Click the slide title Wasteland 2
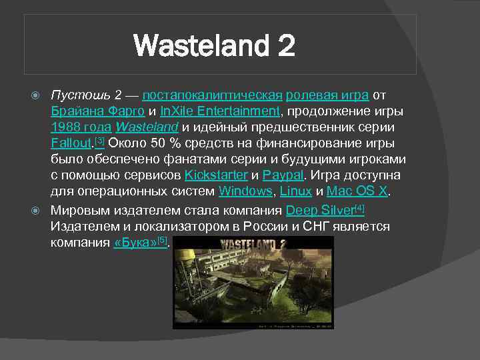pos(214,46)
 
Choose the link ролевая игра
pos(327,95)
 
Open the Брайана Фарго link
pos(97,111)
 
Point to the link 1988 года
pos(81,127)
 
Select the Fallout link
pos(72,143)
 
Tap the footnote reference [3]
pos(100,141)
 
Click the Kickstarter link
pos(215,175)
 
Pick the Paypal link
pos(283,175)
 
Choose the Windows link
pos(245,191)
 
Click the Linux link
pos(295,191)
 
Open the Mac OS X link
pos(357,191)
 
